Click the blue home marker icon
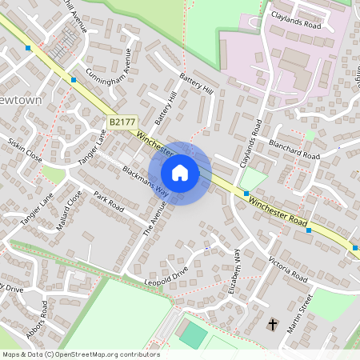(x=180, y=173)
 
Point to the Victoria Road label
(x=288, y=270)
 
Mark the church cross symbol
(x=273, y=325)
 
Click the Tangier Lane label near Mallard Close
(x=36, y=208)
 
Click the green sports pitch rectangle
(x=192, y=333)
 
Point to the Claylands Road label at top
(x=295, y=25)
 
